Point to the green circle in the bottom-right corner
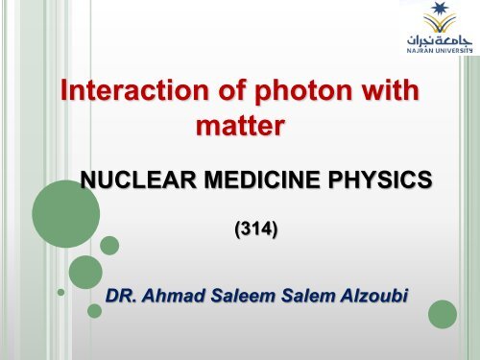443,314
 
